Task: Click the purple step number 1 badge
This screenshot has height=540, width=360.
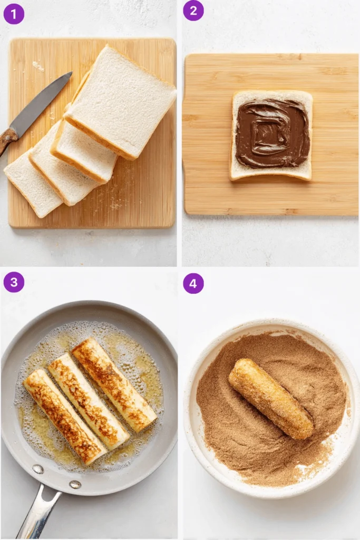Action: coord(14,14)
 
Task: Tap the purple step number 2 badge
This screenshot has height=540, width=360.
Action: coord(193,11)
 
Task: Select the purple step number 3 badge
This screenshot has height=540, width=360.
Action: coord(14,282)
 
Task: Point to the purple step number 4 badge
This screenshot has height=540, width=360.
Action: coord(193,283)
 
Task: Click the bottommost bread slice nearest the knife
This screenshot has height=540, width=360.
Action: coord(32,182)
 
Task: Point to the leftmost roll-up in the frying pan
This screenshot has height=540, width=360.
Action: coord(64,416)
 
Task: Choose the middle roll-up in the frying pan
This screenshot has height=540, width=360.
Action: coord(88,401)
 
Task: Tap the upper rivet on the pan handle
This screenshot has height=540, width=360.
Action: coord(38,469)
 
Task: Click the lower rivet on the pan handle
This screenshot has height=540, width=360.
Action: coord(75,484)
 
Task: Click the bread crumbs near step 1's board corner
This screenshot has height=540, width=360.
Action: coord(38,66)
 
